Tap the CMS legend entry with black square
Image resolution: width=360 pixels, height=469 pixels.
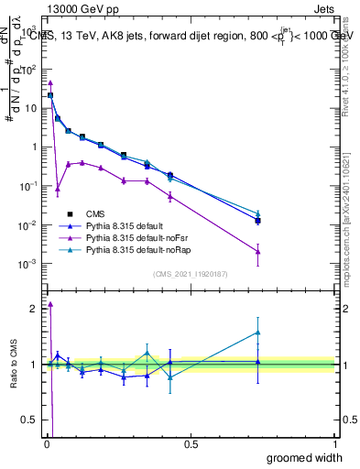(99, 213)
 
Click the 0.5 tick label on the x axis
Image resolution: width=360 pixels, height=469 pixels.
(191, 444)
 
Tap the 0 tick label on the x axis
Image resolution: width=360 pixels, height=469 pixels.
(47, 444)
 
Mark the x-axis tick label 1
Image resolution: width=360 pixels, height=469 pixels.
(334, 444)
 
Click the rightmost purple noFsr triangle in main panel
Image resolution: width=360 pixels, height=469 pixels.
(258, 252)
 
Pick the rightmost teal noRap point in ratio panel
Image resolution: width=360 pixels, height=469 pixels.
(258, 333)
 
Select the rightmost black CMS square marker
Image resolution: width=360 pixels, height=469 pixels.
(258, 221)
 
